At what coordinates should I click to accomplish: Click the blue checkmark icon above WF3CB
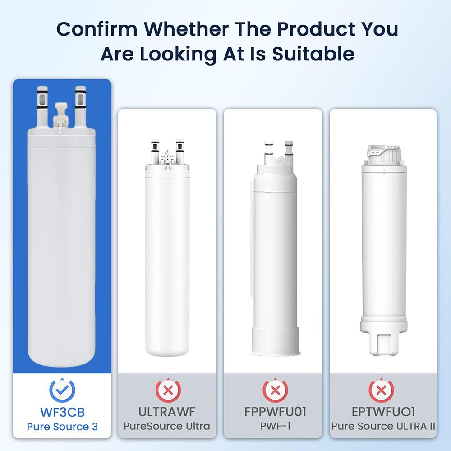[62, 389]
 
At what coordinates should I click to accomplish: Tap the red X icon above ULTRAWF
[167, 389]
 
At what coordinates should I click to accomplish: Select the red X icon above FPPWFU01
[273, 389]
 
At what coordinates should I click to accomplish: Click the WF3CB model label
[62, 411]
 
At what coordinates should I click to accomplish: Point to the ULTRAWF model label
[167, 411]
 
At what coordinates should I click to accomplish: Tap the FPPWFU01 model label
[273, 411]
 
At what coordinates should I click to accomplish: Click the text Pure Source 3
[62, 426]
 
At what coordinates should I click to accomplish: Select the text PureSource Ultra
[167, 426]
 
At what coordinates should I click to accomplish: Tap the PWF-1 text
[273, 426]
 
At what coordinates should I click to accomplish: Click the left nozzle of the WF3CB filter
[41, 104]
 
